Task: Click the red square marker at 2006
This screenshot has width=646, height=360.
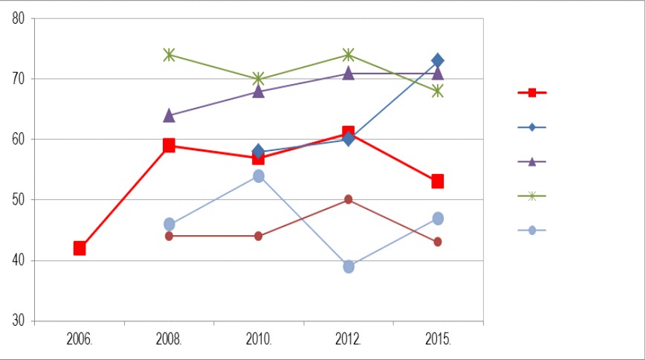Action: coord(80,248)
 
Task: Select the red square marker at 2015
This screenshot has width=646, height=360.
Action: coord(438,181)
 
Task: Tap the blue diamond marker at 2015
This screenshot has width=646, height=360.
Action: coord(438,60)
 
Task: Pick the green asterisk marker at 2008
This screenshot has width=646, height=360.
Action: coord(169,54)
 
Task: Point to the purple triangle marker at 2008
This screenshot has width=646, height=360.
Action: coord(169,116)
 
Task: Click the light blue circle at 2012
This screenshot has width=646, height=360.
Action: coord(349,267)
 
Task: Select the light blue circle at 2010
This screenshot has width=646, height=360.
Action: coord(259,176)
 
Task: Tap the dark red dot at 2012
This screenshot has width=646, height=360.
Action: coord(349,199)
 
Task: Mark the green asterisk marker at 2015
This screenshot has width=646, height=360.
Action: coord(438,91)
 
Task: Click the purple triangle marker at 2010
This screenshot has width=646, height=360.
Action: coord(258,91)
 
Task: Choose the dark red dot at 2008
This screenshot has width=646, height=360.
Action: coord(169,237)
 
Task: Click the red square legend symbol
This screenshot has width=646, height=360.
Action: coord(532,93)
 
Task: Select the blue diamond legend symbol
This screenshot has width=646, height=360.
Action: coord(532,127)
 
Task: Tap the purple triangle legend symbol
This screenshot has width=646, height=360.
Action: coord(532,162)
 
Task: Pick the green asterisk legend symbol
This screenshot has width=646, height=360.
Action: coord(532,196)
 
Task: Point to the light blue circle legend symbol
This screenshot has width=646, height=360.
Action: coord(532,231)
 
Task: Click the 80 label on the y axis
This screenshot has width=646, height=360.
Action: coord(19,19)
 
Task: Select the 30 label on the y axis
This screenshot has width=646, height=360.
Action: coord(19,321)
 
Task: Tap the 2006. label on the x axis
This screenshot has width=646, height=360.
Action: coord(80,339)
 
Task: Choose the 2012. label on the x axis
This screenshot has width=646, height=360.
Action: coord(349,339)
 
